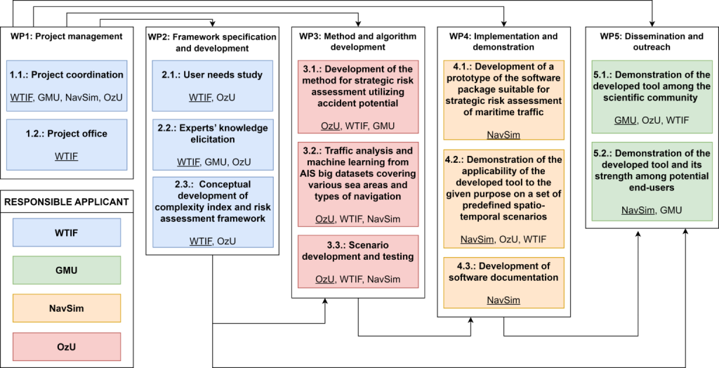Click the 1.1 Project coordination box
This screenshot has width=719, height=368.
(67, 86)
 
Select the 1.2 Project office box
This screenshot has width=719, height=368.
(67, 145)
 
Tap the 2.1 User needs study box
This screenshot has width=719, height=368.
(212, 86)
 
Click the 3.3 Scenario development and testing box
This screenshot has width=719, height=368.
(358, 261)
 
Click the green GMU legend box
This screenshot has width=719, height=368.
(67, 270)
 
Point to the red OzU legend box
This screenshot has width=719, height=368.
(67, 346)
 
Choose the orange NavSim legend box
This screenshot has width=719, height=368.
(67, 308)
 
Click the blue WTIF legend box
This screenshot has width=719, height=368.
(67, 232)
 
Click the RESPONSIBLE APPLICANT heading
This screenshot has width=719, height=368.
(67, 201)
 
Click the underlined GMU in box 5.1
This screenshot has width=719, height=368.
(624, 120)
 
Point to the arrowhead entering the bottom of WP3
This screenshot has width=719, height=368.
(325, 301)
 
